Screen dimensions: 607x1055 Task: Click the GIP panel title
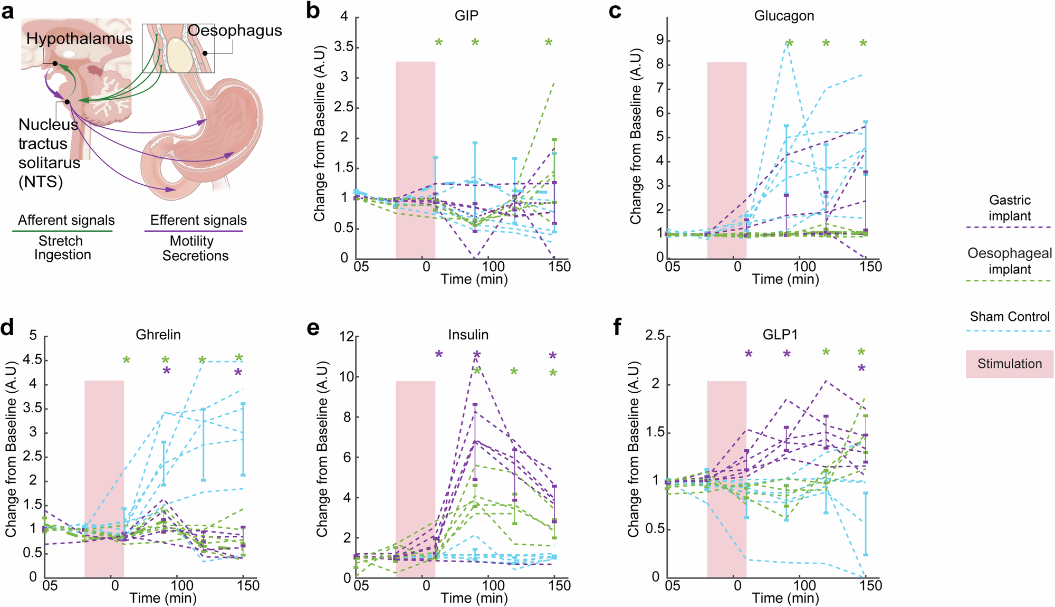coord(466,16)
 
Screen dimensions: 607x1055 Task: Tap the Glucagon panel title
coord(784,16)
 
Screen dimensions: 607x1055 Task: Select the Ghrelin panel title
coord(158,335)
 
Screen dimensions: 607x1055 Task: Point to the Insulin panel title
coord(468,335)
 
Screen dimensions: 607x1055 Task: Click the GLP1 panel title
coord(780,335)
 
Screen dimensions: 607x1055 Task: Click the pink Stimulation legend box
coord(1009,364)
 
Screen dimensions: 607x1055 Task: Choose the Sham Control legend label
coord(1009,317)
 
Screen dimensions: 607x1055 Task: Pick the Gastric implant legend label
coord(1009,207)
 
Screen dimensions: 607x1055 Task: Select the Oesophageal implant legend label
coord(1009,261)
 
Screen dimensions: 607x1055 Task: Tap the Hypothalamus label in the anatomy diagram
coord(80,39)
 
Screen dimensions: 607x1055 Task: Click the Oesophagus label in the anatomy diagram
coord(235,31)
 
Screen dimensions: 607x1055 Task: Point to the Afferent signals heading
coord(66,220)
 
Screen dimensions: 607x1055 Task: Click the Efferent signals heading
coord(198,220)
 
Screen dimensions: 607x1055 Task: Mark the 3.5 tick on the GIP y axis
coord(344,47)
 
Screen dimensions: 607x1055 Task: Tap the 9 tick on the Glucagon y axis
coord(660,41)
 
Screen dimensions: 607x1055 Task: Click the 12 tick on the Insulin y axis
coord(346,336)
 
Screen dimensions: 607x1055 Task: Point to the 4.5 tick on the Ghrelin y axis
coord(33,360)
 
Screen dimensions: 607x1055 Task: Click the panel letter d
coord(7,328)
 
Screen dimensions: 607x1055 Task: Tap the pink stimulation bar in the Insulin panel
coord(415,475)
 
